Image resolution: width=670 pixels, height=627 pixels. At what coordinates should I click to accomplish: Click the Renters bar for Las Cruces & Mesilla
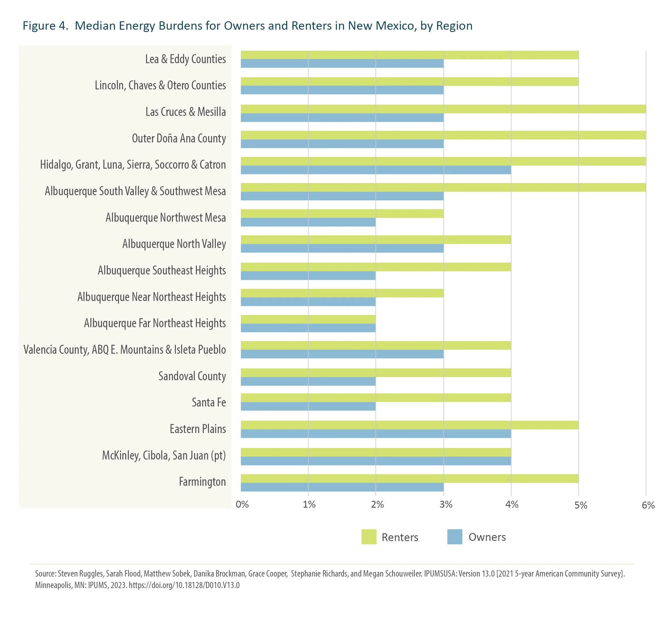pos(443,109)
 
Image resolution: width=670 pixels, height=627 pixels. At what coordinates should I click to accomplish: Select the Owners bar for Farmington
pos(342,487)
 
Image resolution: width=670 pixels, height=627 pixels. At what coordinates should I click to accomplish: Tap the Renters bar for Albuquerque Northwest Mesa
pos(342,213)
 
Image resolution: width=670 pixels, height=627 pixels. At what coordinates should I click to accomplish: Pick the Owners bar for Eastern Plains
pos(376,434)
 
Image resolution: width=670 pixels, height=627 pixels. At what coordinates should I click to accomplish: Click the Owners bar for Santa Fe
pos(308,406)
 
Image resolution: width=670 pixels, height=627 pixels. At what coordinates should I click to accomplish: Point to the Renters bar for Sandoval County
pos(376,372)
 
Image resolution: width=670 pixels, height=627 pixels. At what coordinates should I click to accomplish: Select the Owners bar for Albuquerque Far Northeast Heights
pos(308,328)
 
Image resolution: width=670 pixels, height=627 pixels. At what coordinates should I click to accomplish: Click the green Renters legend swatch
pos(369,537)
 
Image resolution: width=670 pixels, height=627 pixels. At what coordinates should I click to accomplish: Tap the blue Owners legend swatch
pos(455,537)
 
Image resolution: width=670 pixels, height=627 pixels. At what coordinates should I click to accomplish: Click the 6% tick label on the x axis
pos(648,505)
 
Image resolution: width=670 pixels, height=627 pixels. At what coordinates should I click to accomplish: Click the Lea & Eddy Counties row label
pos(185,59)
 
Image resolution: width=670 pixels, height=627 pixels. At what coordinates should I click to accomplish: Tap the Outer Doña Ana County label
pos(179,138)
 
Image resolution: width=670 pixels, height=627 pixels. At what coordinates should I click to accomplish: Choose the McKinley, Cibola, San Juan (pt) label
pos(164,455)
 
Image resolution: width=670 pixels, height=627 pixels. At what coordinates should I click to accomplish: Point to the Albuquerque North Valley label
pos(174,244)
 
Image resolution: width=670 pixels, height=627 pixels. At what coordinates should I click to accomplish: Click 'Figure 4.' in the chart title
pos(45,26)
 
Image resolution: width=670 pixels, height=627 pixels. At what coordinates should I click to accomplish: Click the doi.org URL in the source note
pos(184,585)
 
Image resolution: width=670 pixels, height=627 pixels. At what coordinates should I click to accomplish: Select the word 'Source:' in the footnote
pos(46,573)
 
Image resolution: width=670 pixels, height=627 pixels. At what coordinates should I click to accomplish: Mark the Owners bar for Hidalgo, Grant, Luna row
pos(376,170)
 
